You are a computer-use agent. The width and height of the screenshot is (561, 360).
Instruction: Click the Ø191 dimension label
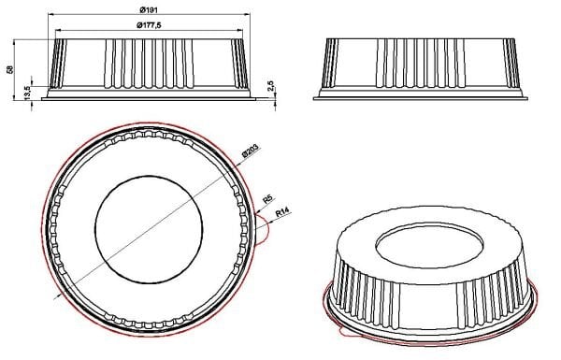click(147, 9)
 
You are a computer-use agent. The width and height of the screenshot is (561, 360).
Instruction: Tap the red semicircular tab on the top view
click(264, 234)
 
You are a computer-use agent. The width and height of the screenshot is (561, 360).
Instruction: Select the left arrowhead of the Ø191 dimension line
click(46, 16)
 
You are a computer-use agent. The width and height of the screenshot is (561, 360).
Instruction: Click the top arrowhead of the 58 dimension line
click(19, 42)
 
